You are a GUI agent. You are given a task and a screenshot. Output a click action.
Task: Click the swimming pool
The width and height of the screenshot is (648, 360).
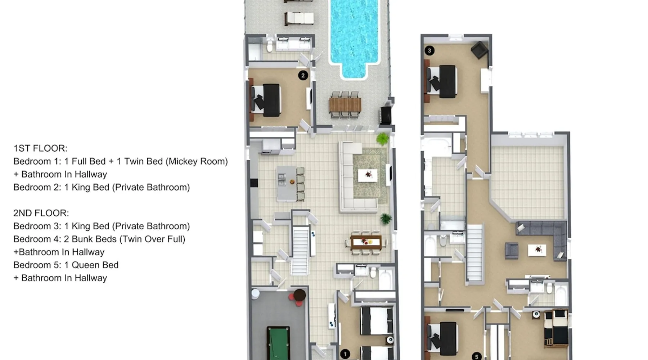[x=354, y=36]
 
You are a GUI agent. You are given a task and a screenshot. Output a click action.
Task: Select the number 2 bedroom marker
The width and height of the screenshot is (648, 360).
[x=303, y=76]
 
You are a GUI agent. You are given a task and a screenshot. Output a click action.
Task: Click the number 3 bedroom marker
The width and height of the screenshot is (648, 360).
[x=429, y=50]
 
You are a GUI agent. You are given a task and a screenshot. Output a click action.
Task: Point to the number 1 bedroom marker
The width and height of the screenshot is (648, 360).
[x=345, y=354]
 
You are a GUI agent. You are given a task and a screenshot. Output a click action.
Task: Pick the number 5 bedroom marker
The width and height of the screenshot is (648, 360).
[x=477, y=356]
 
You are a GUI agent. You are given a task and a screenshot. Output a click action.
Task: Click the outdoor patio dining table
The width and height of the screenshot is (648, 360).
[x=345, y=105]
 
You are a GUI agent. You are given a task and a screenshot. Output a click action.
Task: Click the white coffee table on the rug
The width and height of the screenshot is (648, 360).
[x=368, y=175]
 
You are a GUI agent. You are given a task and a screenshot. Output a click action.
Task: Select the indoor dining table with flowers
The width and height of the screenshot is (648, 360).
[x=366, y=242]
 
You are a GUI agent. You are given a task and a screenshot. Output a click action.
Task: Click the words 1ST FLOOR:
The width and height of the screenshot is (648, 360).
[x=40, y=148]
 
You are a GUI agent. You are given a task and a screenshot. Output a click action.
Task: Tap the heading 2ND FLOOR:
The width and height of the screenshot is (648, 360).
[x=41, y=213]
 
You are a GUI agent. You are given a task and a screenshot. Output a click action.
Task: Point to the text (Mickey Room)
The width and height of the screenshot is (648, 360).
[x=197, y=161]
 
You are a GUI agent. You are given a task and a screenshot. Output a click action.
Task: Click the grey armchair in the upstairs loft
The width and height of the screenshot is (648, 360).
[x=512, y=251]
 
